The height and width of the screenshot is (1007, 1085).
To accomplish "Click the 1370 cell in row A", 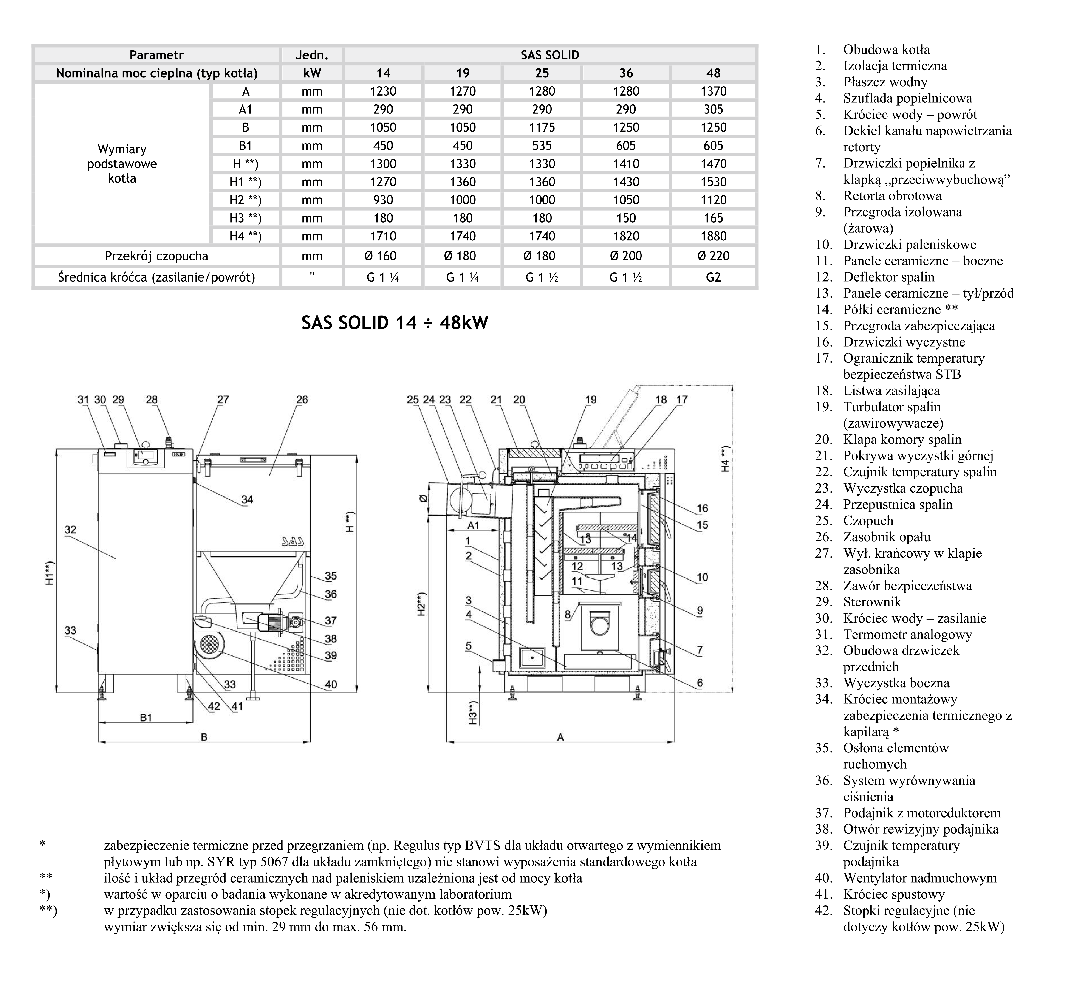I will [x=713, y=92].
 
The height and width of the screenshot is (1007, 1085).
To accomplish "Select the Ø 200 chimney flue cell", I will [x=626, y=256].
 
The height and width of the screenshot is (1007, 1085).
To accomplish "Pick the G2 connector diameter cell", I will [x=713, y=277].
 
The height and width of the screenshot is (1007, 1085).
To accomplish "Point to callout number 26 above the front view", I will [x=302, y=399].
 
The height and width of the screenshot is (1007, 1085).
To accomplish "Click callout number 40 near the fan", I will [x=331, y=684].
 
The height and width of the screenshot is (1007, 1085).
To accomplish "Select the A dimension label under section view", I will [x=560, y=737].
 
